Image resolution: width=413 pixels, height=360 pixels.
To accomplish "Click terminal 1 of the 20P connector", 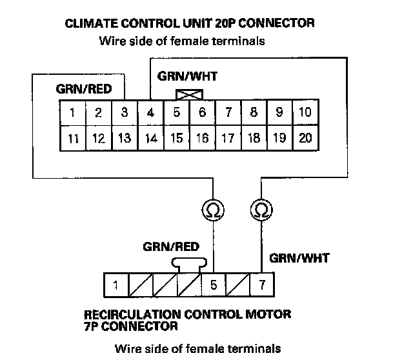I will click(73, 113).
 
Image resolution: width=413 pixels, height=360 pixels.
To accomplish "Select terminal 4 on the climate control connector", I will click(150, 113).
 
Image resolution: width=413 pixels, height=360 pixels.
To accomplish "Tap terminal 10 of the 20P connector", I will click(305, 112).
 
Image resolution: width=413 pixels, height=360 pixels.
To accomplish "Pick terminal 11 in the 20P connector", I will click(73, 137).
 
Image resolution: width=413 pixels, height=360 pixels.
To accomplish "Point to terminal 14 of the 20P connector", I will click(150, 137).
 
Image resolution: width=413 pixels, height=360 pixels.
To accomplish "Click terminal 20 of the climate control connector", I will click(305, 137).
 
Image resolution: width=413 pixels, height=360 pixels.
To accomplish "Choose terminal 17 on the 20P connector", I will click(228, 137).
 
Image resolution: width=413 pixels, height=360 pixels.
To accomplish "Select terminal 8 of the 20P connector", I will click(254, 112).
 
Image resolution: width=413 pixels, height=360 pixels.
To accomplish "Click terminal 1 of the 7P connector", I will click(115, 284).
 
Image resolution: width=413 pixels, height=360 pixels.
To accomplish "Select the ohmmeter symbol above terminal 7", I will click(261, 210).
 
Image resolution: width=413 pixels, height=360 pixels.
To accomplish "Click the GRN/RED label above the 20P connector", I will click(79, 90).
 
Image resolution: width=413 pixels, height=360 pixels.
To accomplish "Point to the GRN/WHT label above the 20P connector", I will click(187, 76).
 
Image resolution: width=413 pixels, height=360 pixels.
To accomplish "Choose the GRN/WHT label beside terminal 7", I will click(299, 258).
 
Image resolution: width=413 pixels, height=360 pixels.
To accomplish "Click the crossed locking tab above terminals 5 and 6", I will click(188, 95).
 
